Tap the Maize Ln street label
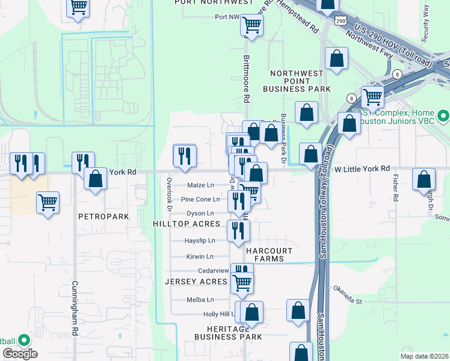200,185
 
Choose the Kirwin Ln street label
200,257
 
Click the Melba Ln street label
200,300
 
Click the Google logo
20,354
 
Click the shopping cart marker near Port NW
251,25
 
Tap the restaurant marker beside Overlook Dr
185,155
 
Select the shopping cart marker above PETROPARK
48,202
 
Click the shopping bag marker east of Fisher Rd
424,179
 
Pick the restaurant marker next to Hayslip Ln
238,230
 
